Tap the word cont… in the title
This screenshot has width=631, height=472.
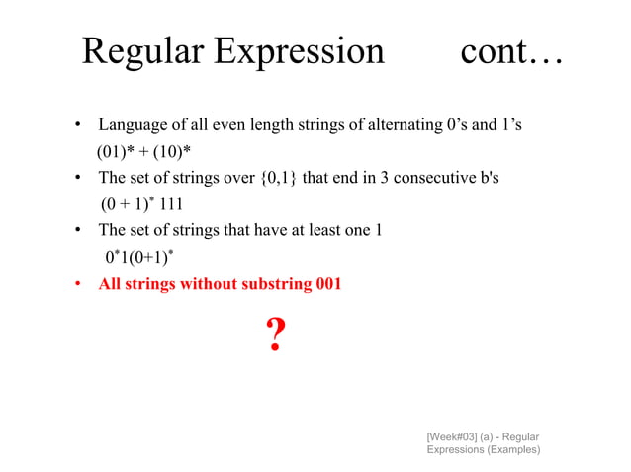510,51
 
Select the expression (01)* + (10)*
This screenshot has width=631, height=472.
142,152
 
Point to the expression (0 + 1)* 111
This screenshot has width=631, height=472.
141,204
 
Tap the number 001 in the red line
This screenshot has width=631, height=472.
327,284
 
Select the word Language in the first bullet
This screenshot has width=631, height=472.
132,125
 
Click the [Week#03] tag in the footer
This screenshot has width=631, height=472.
456,435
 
